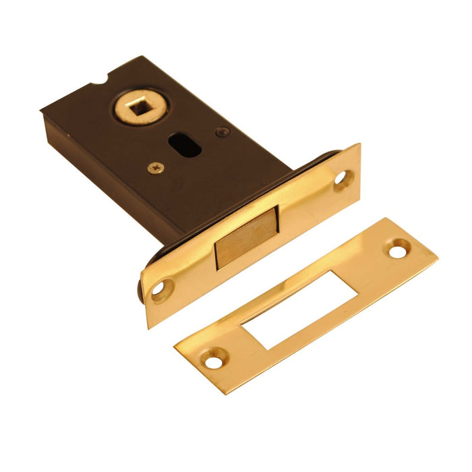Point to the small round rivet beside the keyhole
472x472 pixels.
(220, 132)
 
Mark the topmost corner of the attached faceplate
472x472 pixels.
(358, 144)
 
